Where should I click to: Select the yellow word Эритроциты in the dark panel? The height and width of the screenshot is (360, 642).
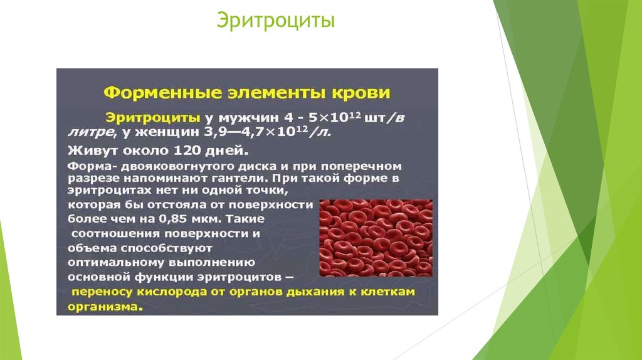tap(153, 119)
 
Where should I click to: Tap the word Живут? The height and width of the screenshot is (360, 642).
tap(87, 151)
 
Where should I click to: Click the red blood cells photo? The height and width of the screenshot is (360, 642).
tap(376, 238)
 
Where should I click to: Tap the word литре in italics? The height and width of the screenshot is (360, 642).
tap(90, 132)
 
